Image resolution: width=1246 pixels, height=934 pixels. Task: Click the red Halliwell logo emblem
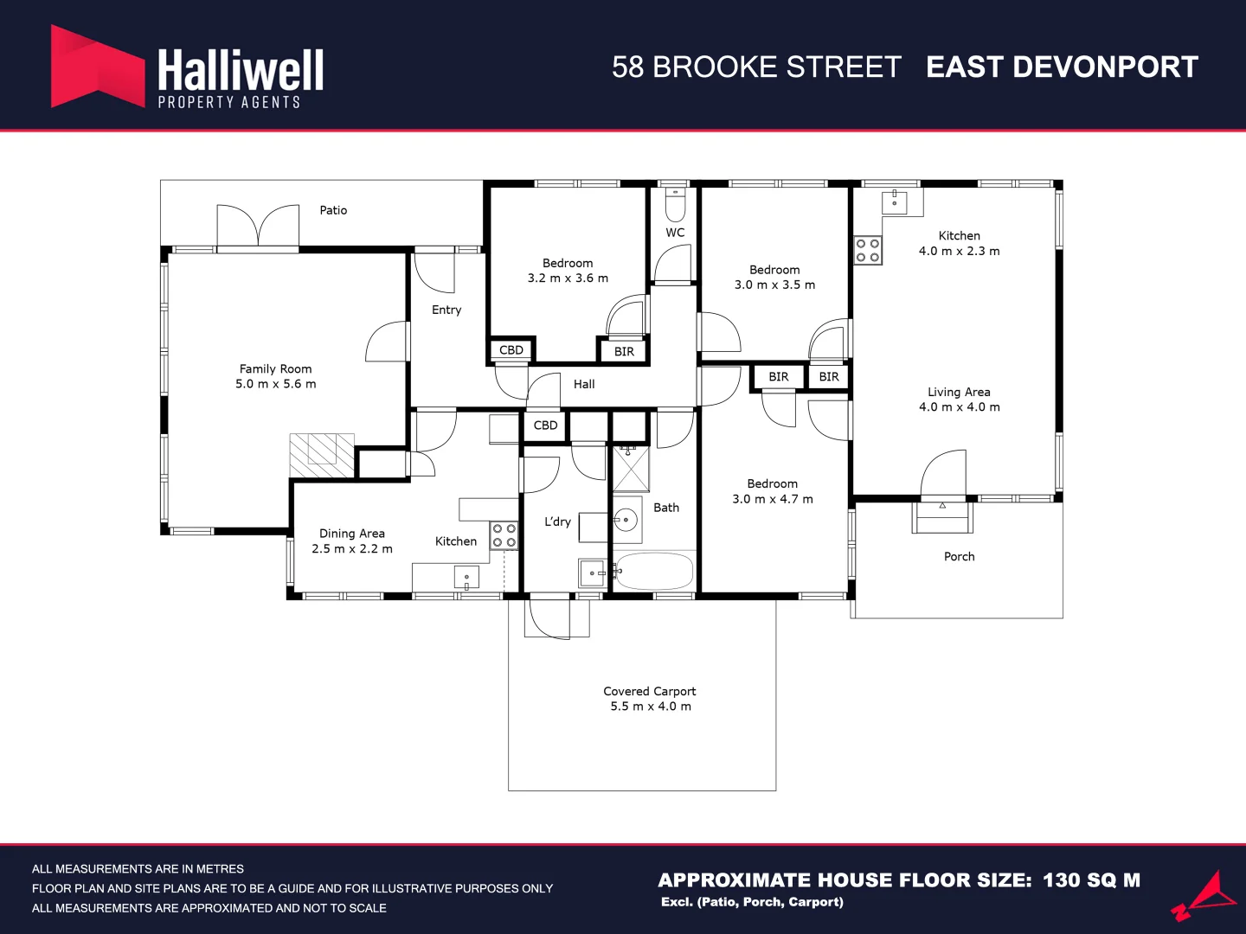click(x=98, y=67)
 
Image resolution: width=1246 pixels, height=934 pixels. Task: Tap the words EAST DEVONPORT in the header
click(x=1062, y=67)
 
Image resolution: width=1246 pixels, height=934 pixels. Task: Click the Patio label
click(x=333, y=210)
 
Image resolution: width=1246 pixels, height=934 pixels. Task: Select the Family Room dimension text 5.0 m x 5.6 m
click(x=276, y=384)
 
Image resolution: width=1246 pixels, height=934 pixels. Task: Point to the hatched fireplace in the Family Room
click(x=322, y=456)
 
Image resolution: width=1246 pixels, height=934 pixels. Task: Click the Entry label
click(x=446, y=310)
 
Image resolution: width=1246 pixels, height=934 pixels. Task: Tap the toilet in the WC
click(x=675, y=205)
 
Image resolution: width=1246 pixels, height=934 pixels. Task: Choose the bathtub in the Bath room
click(x=654, y=571)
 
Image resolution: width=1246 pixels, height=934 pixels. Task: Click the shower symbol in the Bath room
click(x=631, y=469)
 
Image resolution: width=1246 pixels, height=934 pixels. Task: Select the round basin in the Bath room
click(x=626, y=520)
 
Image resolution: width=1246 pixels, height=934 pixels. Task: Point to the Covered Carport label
click(x=650, y=691)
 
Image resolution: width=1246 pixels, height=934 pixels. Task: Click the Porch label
click(x=960, y=557)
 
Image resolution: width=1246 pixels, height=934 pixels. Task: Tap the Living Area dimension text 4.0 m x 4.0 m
click(x=960, y=407)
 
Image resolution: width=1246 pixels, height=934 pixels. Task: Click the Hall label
click(x=584, y=385)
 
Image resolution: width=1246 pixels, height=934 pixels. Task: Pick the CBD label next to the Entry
click(x=511, y=350)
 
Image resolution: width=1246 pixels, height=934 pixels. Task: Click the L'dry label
click(x=557, y=521)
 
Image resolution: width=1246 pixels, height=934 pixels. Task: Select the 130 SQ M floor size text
click(x=1092, y=880)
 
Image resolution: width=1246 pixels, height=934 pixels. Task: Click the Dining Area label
click(x=352, y=534)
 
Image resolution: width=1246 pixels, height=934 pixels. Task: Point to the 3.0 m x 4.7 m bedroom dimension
click(x=773, y=500)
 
